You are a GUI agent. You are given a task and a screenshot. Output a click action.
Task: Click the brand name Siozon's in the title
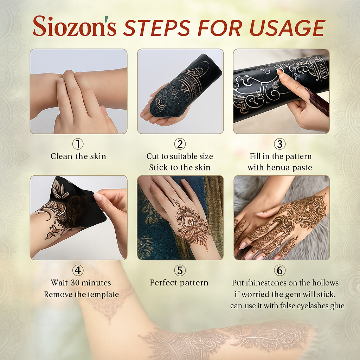tap(75, 26)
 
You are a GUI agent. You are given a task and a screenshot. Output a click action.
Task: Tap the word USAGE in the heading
tap(287, 28)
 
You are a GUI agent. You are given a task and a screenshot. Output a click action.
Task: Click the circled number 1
tap(78, 144)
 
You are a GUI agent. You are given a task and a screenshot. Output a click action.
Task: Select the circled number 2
tap(180, 144)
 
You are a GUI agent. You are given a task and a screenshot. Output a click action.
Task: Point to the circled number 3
tap(279, 144)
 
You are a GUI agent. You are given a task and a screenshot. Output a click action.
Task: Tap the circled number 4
tap(78, 270)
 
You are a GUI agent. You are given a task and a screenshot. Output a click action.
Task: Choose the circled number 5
tap(180, 270)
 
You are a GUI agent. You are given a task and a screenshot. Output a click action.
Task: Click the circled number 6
tap(279, 270)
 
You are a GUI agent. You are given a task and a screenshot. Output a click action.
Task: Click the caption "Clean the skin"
tap(78, 156)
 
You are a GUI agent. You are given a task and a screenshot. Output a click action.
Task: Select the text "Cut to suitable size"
tap(180, 156)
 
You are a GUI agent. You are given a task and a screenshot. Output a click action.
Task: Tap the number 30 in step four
tap(75, 283)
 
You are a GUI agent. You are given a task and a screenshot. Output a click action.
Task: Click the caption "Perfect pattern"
tap(179, 283)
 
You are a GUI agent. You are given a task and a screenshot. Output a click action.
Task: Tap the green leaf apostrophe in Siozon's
tap(106, 19)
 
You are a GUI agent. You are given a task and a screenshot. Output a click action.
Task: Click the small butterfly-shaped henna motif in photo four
tap(52, 232)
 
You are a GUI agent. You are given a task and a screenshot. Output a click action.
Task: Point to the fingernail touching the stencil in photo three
tap(279, 72)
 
